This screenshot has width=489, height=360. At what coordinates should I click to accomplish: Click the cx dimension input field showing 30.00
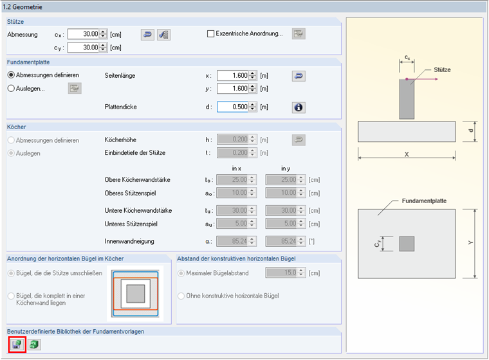[x=84, y=34]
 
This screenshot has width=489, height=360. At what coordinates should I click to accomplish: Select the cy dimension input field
[x=84, y=48]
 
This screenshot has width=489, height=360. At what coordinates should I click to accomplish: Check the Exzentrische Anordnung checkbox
[x=211, y=33]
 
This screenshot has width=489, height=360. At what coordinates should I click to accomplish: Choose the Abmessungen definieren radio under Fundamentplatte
[x=11, y=75]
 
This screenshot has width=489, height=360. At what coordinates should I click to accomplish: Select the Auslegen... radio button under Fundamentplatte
[x=11, y=89]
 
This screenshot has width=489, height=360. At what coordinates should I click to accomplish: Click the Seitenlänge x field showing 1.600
[x=233, y=75]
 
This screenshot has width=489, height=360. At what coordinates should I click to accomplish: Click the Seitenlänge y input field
[x=233, y=89]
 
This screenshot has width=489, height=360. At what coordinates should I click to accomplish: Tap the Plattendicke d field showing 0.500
[x=233, y=107]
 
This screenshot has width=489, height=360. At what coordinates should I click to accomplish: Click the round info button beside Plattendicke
[x=299, y=107]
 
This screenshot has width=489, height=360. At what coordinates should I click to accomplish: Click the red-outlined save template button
[x=17, y=345]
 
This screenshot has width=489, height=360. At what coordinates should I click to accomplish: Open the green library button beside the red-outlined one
[x=34, y=345]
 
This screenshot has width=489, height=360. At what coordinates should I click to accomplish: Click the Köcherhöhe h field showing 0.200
[x=233, y=139]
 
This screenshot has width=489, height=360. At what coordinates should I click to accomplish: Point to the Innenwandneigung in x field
[x=233, y=241]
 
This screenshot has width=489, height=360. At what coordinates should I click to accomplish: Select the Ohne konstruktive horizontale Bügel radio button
[x=181, y=296]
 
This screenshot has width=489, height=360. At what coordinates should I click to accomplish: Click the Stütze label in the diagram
[x=442, y=70]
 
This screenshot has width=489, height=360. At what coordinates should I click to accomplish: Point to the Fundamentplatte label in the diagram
[x=424, y=201]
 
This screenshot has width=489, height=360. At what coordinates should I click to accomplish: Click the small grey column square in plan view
[x=407, y=244]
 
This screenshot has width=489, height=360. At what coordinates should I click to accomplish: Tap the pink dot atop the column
[x=407, y=79]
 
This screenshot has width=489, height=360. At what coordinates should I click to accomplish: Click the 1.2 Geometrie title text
[x=23, y=7]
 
